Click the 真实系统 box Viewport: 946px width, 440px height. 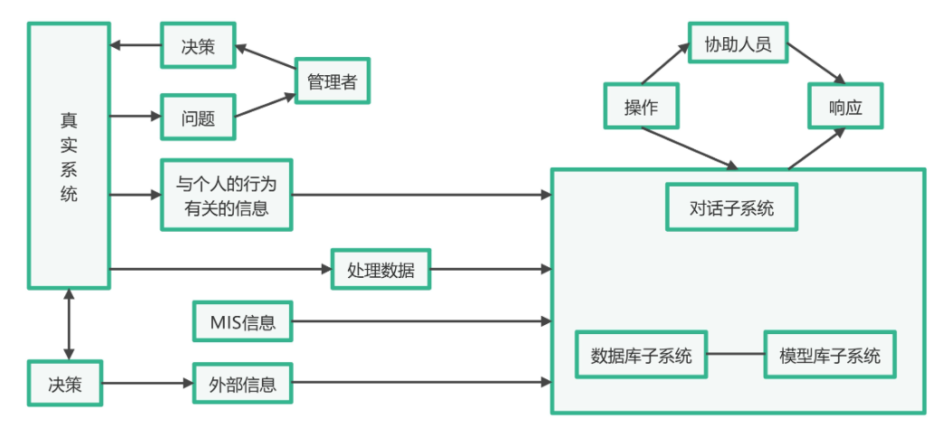tap(69, 156)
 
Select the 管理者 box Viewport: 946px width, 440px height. tap(333, 83)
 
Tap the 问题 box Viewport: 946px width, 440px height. tap(198, 118)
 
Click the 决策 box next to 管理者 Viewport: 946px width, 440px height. tap(198, 44)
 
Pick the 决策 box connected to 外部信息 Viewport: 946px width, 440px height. tap(65, 384)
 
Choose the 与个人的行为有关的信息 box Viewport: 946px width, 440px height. tap(227, 195)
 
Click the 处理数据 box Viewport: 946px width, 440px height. tap(381, 269)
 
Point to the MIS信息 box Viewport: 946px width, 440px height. tap(243, 321)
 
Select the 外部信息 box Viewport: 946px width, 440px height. tap(243, 384)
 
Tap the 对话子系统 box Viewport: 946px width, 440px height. tap(732, 207)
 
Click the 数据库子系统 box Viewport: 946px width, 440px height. tap(642, 355)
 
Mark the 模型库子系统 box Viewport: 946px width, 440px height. tap(830, 355)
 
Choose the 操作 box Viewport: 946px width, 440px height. tap(642, 106)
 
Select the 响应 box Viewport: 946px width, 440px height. tap(845, 106)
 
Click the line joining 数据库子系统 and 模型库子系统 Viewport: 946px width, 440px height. tap(736, 355)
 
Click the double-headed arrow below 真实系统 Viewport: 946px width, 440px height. tap(69, 324)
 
